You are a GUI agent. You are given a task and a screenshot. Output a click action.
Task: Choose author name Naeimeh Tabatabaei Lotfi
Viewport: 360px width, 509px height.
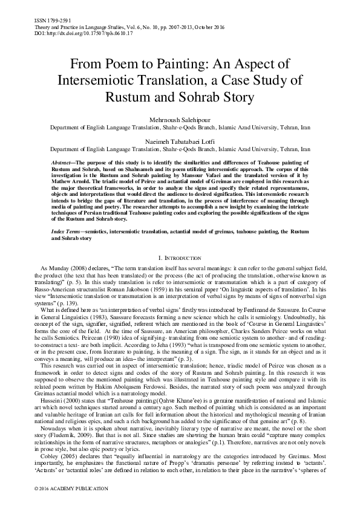pos(180,140)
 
